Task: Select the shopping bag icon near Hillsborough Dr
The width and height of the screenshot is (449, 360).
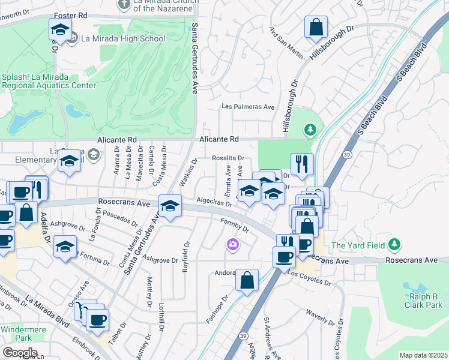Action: (x=315, y=27)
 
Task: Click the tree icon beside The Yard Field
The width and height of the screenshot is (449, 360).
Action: (x=394, y=244)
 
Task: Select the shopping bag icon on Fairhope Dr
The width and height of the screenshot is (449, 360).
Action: (x=247, y=280)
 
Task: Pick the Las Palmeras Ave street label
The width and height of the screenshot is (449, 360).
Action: (x=247, y=107)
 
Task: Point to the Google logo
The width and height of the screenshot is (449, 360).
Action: (x=20, y=353)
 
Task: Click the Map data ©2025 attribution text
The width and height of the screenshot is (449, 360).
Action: (x=423, y=355)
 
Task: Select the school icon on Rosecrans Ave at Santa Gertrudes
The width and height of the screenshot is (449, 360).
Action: (x=170, y=206)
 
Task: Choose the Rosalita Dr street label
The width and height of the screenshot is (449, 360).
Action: (x=228, y=158)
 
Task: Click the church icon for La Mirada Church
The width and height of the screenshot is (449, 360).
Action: (x=124, y=5)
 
